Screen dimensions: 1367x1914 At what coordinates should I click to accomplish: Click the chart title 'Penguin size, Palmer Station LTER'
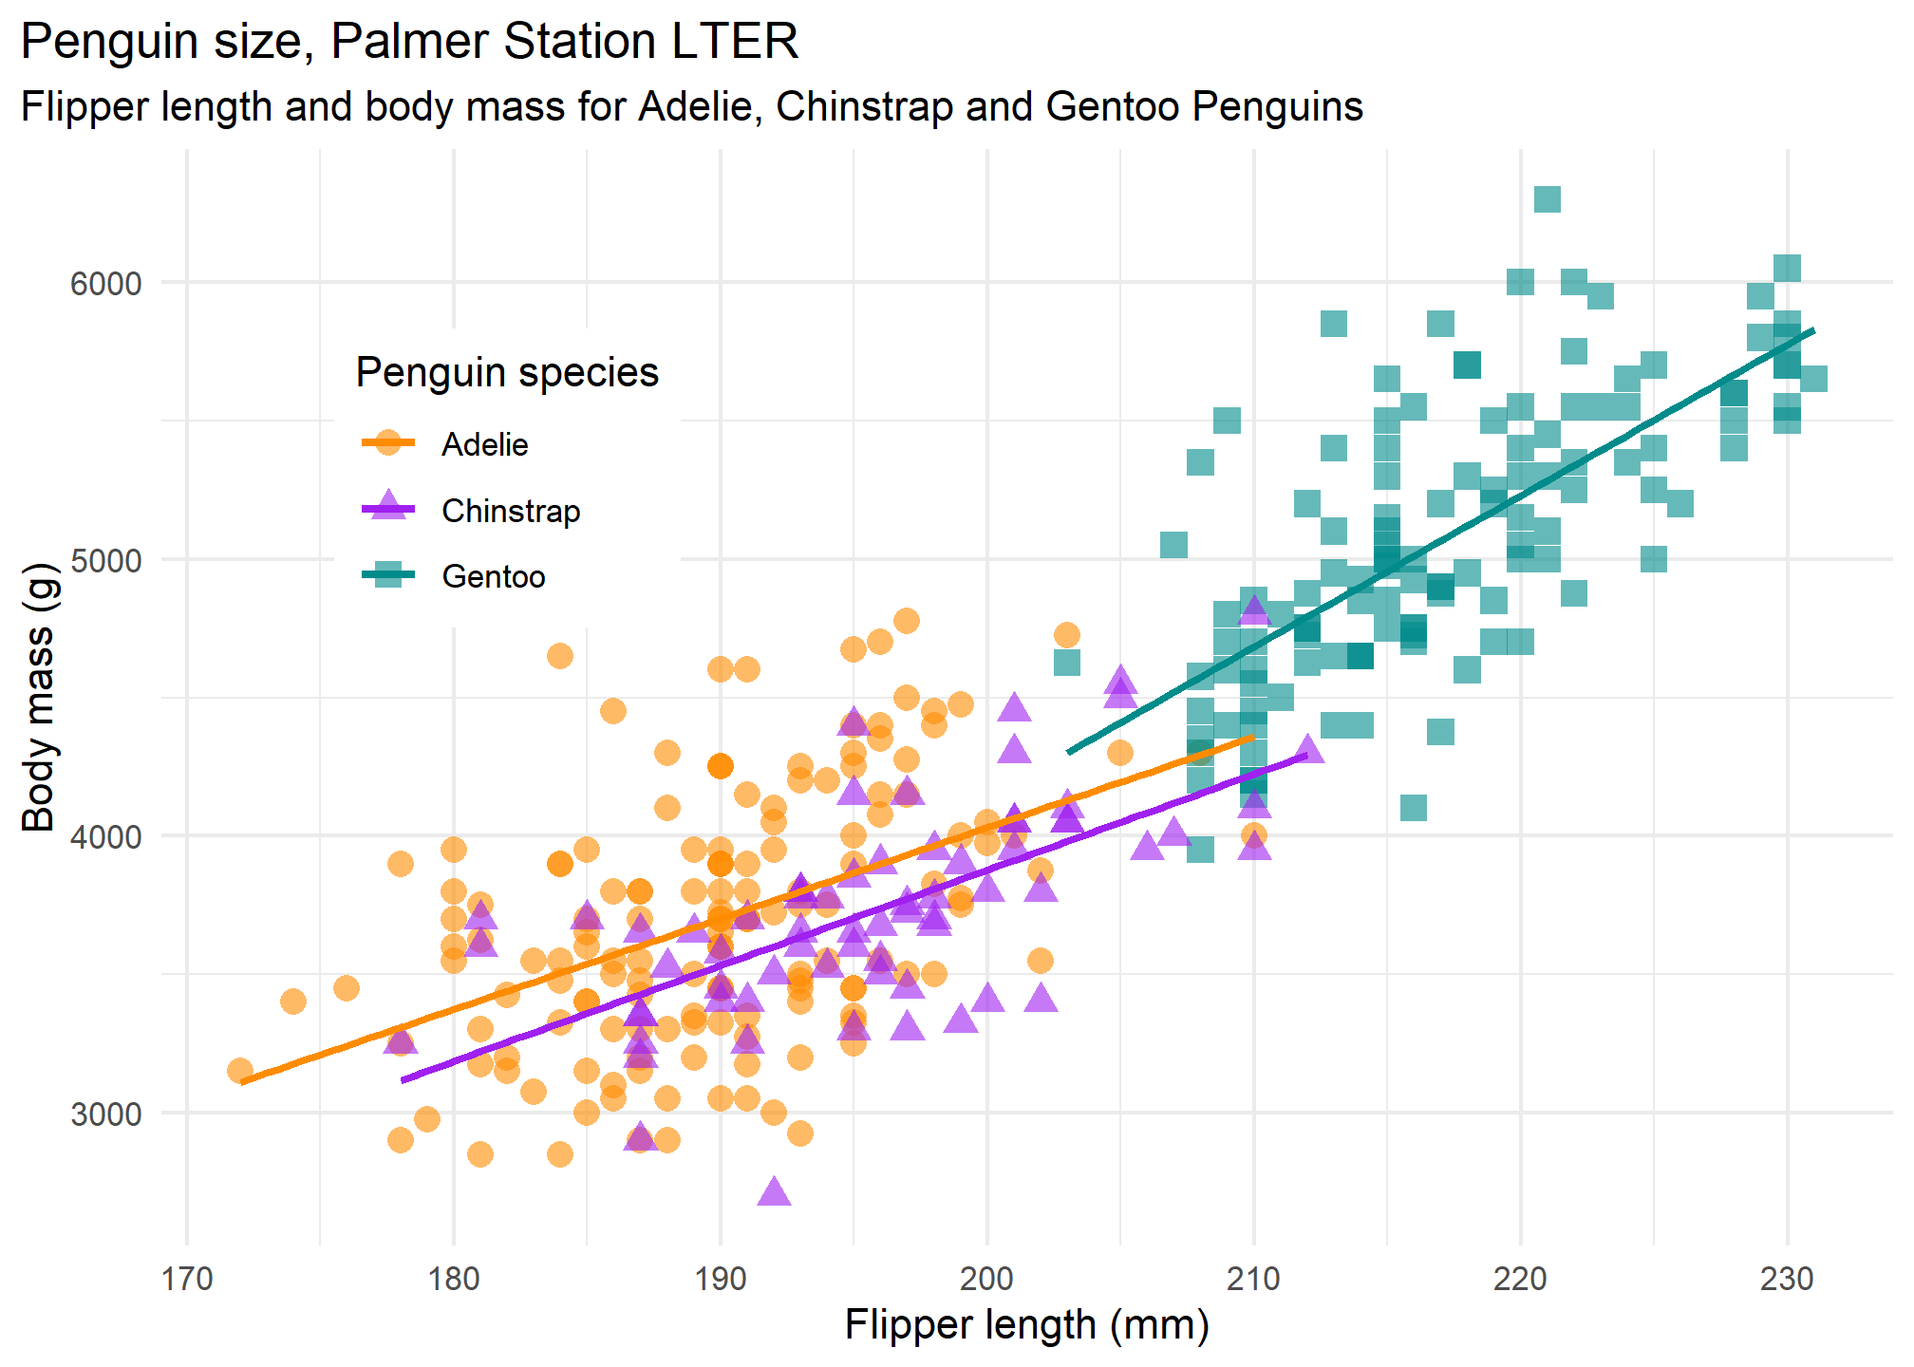pos(409,42)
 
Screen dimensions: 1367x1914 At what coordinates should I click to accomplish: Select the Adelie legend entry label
pos(484,444)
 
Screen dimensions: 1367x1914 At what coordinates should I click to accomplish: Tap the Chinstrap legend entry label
pos(511,511)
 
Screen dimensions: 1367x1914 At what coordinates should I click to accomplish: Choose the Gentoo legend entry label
pos(494,576)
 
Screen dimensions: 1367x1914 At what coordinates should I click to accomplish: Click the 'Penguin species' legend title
pos(507,372)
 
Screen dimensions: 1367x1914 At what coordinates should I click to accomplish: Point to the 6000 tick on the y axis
pos(105,283)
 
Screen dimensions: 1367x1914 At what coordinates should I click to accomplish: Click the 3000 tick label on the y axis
pos(105,1114)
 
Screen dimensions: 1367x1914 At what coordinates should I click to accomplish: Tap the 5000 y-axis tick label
pos(105,560)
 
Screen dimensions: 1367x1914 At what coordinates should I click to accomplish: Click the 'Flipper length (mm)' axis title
pos(1026,1325)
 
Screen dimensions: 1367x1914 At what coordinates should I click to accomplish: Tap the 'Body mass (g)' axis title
pos(39,698)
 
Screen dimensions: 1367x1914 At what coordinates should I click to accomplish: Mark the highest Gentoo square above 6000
pos(1548,199)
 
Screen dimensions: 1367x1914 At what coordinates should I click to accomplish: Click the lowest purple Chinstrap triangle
pos(774,1192)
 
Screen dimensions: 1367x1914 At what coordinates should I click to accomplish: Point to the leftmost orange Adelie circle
pos(240,1071)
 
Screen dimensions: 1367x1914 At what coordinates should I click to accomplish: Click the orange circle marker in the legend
pos(388,443)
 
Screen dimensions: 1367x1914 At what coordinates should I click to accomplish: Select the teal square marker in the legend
pos(388,575)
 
